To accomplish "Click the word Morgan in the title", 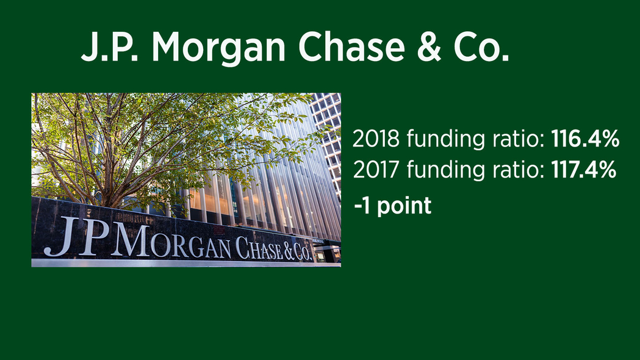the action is (x=219, y=48).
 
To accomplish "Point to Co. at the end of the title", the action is (x=481, y=46).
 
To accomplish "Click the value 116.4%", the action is (x=585, y=139).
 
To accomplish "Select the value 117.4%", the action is (x=584, y=170).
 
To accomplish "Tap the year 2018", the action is (x=376, y=139).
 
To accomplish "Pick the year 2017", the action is (x=376, y=170).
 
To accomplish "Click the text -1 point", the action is (x=393, y=205).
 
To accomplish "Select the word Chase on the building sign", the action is (x=259, y=248).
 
